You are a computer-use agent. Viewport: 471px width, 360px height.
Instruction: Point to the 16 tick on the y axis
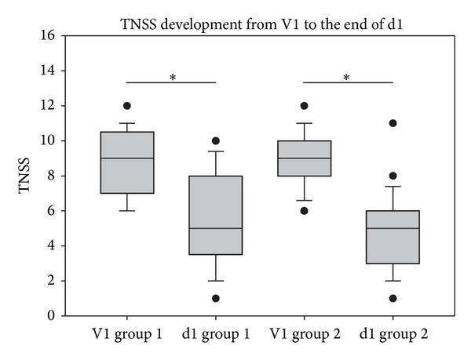pyautogui.click(x=49, y=35)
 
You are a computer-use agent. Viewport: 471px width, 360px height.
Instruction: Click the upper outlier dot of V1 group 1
pyautogui.click(x=127, y=106)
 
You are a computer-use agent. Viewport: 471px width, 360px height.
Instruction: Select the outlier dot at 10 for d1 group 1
pyautogui.click(x=215, y=141)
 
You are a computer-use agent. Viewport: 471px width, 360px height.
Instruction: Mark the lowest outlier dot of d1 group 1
pyautogui.click(x=215, y=298)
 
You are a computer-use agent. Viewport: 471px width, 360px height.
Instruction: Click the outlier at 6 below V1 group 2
pyautogui.click(x=304, y=211)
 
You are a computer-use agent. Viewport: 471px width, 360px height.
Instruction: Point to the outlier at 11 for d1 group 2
pyautogui.click(x=392, y=123)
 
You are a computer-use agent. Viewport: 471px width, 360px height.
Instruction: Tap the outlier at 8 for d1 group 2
pyautogui.click(x=392, y=176)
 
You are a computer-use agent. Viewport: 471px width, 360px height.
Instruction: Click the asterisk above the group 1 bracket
pyautogui.click(x=171, y=77)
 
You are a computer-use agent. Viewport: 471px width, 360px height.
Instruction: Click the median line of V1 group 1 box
pyautogui.click(x=127, y=158)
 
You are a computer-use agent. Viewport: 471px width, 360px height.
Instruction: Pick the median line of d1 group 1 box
pyautogui.click(x=215, y=228)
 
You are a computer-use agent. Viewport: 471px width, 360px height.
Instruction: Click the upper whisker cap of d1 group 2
pyautogui.click(x=392, y=187)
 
